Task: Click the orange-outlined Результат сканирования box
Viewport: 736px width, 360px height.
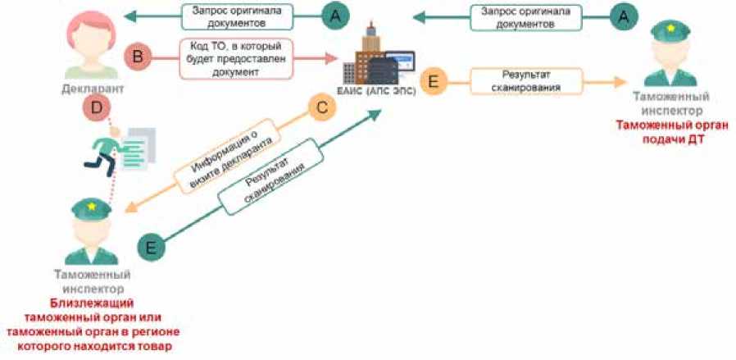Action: pyautogui.click(x=525, y=82)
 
